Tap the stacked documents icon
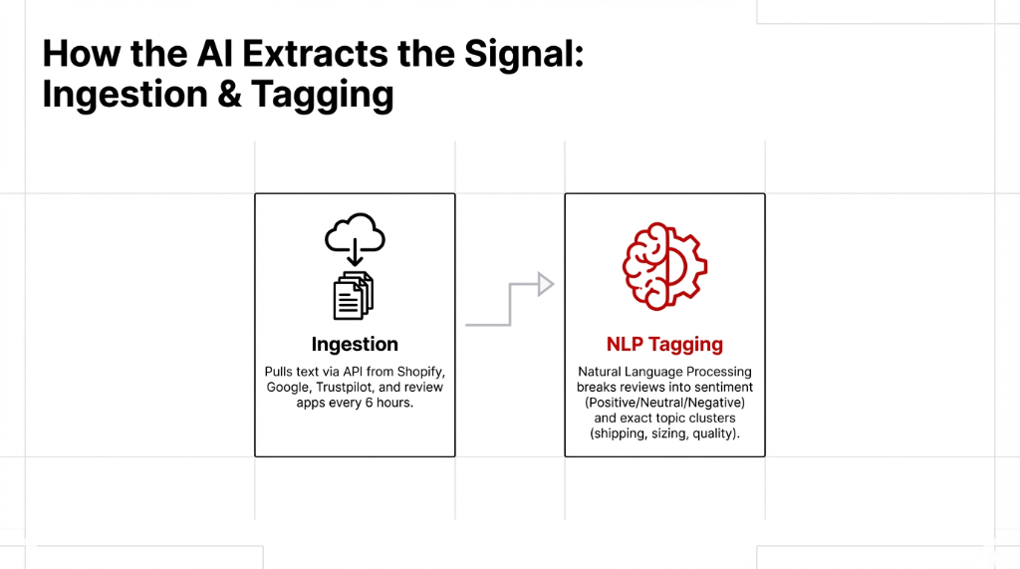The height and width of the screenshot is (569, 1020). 354,295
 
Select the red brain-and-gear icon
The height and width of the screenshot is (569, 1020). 664,266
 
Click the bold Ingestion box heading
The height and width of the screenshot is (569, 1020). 355,344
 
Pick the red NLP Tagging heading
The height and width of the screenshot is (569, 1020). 664,344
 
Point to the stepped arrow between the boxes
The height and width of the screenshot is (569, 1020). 509,303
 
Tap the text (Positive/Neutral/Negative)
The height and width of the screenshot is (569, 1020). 664,403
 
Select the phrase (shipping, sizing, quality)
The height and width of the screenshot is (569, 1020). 664,434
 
